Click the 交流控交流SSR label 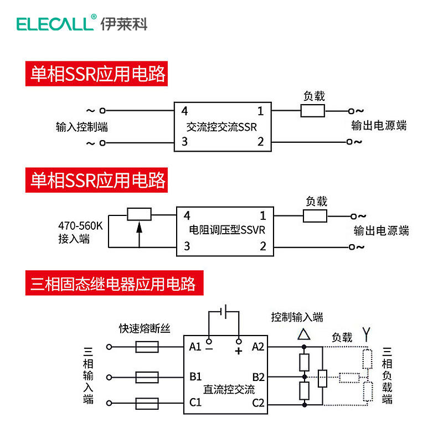222,127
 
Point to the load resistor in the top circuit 313,111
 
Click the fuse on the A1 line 147,347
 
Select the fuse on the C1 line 147,403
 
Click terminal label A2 258,347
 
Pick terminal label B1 195,377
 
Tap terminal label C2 258,403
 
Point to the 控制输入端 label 296,317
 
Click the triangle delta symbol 303,334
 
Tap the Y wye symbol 365,333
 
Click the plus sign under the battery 239,351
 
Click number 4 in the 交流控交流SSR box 184,110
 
